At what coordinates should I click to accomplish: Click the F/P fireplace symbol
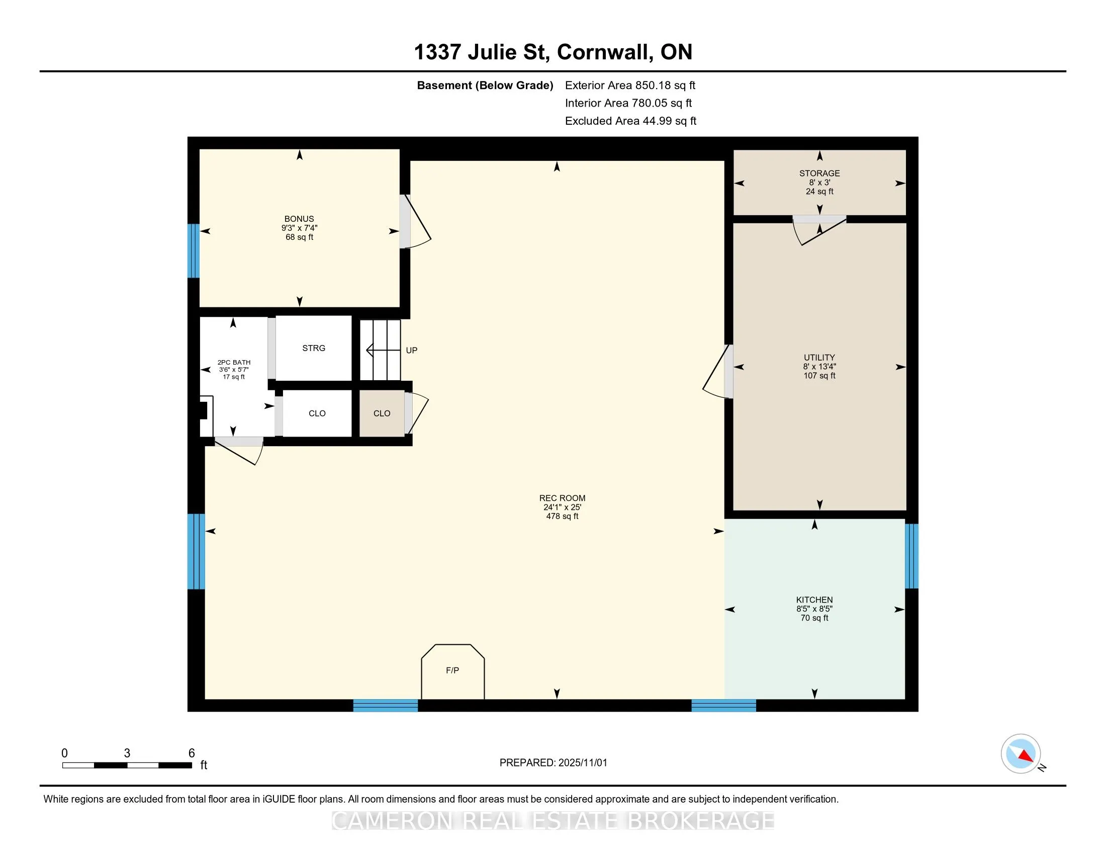click(x=453, y=671)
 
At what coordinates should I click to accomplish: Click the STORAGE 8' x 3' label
click(x=819, y=183)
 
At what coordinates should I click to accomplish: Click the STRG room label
click(x=314, y=348)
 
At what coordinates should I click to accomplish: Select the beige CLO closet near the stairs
click(x=382, y=413)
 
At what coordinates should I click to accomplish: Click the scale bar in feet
click(x=127, y=765)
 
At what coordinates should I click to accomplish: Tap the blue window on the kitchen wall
click(x=911, y=556)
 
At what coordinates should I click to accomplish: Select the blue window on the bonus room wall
click(x=194, y=251)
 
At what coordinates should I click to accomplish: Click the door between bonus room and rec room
click(x=415, y=221)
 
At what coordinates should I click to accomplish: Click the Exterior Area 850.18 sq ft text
click(x=630, y=85)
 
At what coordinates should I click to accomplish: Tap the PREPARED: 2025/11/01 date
click(x=553, y=763)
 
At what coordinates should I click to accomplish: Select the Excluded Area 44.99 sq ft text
click(x=630, y=121)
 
